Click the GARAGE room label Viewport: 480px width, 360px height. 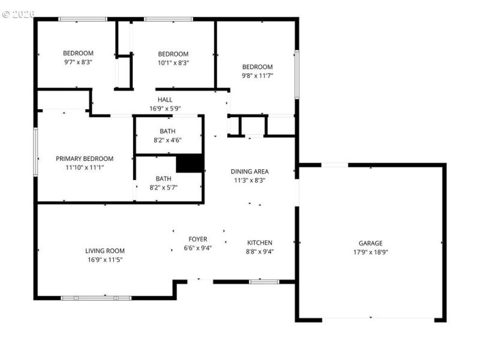[370, 243]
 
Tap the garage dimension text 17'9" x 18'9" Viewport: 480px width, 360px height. [370, 252]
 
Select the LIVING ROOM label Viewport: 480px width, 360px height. [104, 251]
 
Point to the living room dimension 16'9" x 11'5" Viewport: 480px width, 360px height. [104, 260]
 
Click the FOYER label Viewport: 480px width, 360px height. [197, 239]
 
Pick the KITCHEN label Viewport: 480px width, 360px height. [260, 242]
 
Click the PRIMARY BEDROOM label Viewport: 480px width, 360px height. [85, 158]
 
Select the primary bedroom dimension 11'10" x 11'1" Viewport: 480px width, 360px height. [85, 167]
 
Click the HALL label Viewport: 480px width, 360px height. [165, 100]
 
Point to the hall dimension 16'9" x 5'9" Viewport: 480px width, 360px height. [165, 109]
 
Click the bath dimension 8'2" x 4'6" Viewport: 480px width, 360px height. [167, 140]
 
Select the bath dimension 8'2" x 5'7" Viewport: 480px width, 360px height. [163, 187]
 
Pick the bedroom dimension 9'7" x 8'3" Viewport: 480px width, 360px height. [78, 62]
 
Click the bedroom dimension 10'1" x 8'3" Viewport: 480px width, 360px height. [173, 62]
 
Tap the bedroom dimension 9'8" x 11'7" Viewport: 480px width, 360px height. [257, 76]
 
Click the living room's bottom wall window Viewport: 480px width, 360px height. [96, 298]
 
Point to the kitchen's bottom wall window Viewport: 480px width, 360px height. [264, 281]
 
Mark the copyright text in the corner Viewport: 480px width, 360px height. [19, 13]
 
